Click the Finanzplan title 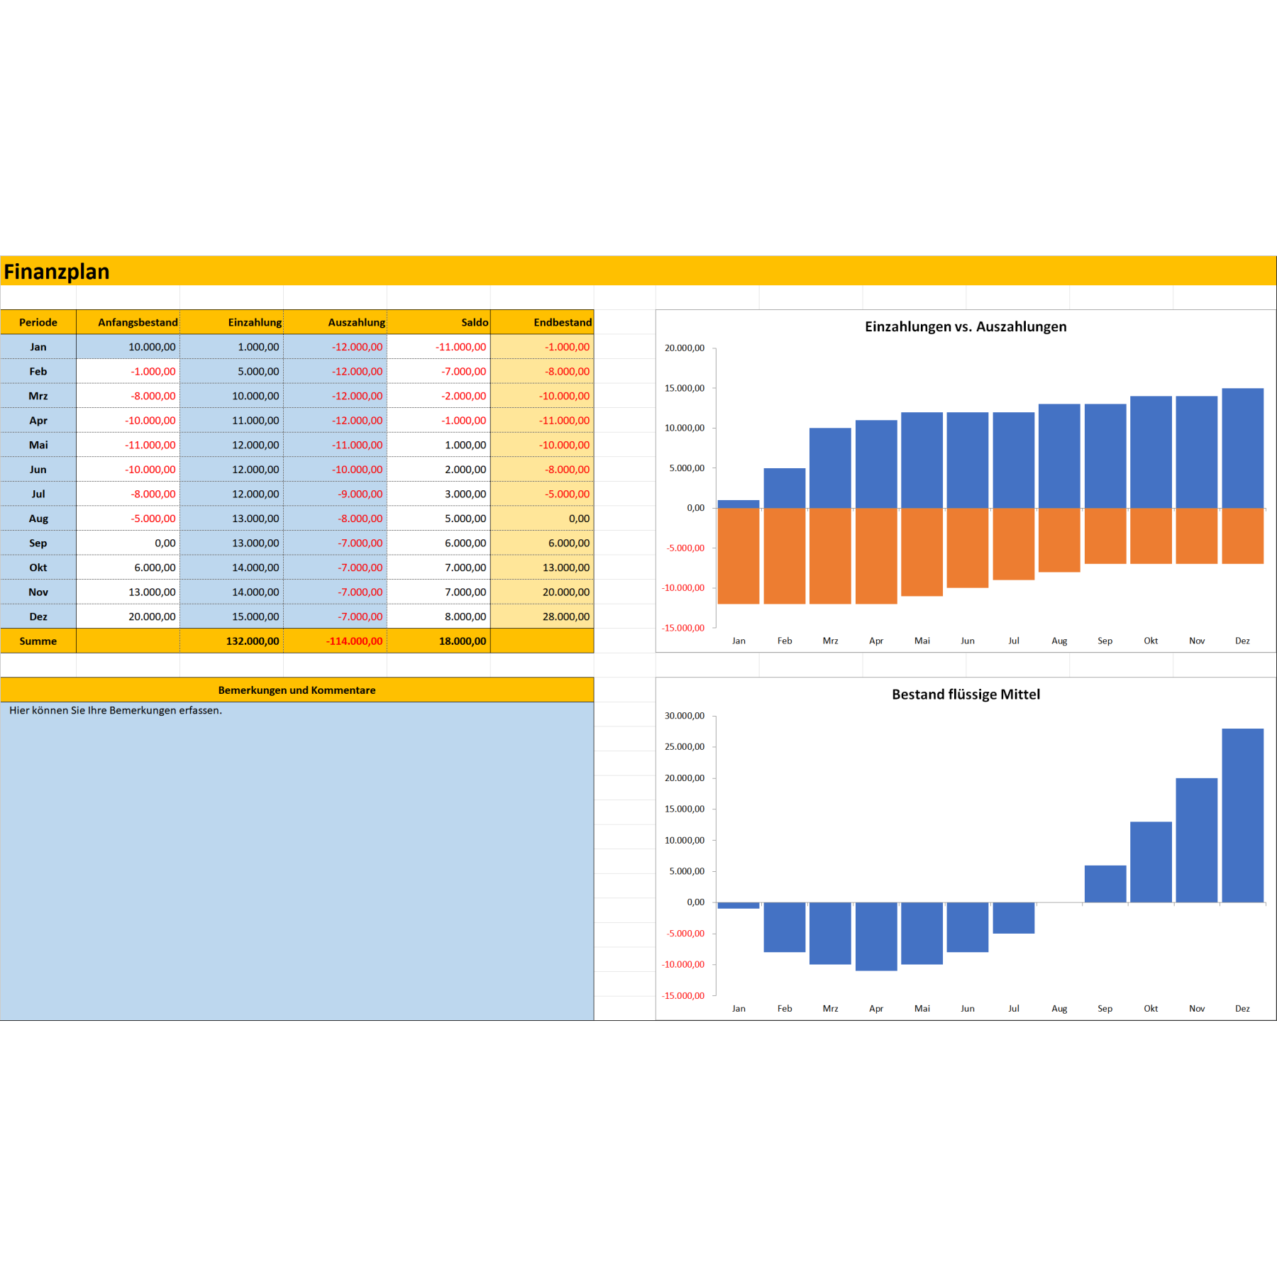[57, 272]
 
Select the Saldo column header [474, 322]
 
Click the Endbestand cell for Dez [565, 617]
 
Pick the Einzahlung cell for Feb [258, 371]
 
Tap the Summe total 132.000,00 [253, 641]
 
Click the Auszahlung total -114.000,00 [354, 641]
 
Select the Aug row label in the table [38, 519]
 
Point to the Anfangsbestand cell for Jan [152, 347]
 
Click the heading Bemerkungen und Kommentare [297, 690]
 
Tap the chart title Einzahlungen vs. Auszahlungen [965, 326]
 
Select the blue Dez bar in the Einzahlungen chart [1242, 448]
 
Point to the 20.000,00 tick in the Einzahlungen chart [684, 348]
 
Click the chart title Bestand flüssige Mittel [966, 694]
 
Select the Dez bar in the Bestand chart [1242, 815]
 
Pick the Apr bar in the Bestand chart [876, 936]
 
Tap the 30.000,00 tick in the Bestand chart [684, 716]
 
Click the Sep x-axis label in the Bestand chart [1105, 1008]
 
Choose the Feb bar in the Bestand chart [785, 927]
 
